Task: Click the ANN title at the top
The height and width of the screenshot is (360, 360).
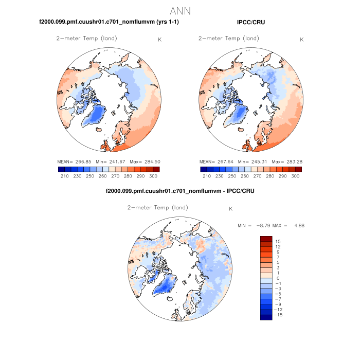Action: pyautogui.click(x=179, y=10)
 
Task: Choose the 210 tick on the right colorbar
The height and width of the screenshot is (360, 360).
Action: pyautogui.click(x=207, y=176)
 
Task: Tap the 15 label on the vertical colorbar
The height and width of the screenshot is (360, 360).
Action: pyautogui.click(x=277, y=241)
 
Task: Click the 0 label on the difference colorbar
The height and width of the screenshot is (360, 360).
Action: pyautogui.click(x=277, y=278)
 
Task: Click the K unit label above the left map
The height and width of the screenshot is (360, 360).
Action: pyautogui.click(x=159, y=40)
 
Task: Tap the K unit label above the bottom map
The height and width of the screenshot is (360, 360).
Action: pyautogui.click(x=231, y=209)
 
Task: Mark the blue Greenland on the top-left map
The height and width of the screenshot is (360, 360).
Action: pyautogui.click(x=94, y=114)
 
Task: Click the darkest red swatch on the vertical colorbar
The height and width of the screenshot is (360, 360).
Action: pyautogui.click(x=266, y=239)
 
